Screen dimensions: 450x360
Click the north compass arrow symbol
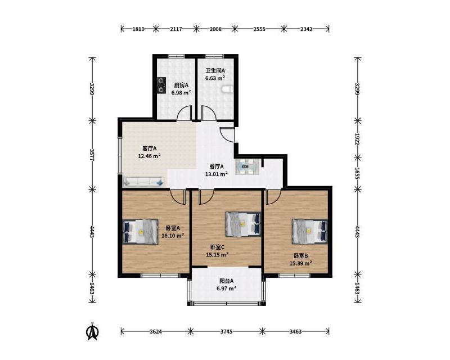[x=92, y=331]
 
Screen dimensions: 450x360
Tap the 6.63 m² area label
[x=215, y=78]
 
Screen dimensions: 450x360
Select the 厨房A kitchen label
[x=181, y=85]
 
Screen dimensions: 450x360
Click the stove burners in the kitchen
[x=161, y=85]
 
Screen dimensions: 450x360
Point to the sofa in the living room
[x=143, y=182]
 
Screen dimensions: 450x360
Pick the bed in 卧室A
[x=140, y=232]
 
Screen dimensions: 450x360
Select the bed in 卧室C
[x=243, y=224]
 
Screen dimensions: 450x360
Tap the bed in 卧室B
[x=310, y=231]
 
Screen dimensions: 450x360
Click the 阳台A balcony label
[x=227, y=281]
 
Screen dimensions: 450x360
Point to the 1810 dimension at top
[x=138, y=29]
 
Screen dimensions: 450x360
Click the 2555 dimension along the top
[x=259, y=29]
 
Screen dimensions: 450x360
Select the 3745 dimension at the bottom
[x=227, y=331]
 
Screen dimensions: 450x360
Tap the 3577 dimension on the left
[x=92, y=155]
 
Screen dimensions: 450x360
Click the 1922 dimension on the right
[x=357, y=139]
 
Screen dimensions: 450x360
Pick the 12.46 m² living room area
[x=149, y=156]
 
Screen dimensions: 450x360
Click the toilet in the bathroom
[x=227, y=89]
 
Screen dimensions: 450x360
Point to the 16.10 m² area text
[x=173, y=236]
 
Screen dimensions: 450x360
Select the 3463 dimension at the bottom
[x=295, y=331]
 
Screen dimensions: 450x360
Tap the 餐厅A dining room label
[x=217, y=166]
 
